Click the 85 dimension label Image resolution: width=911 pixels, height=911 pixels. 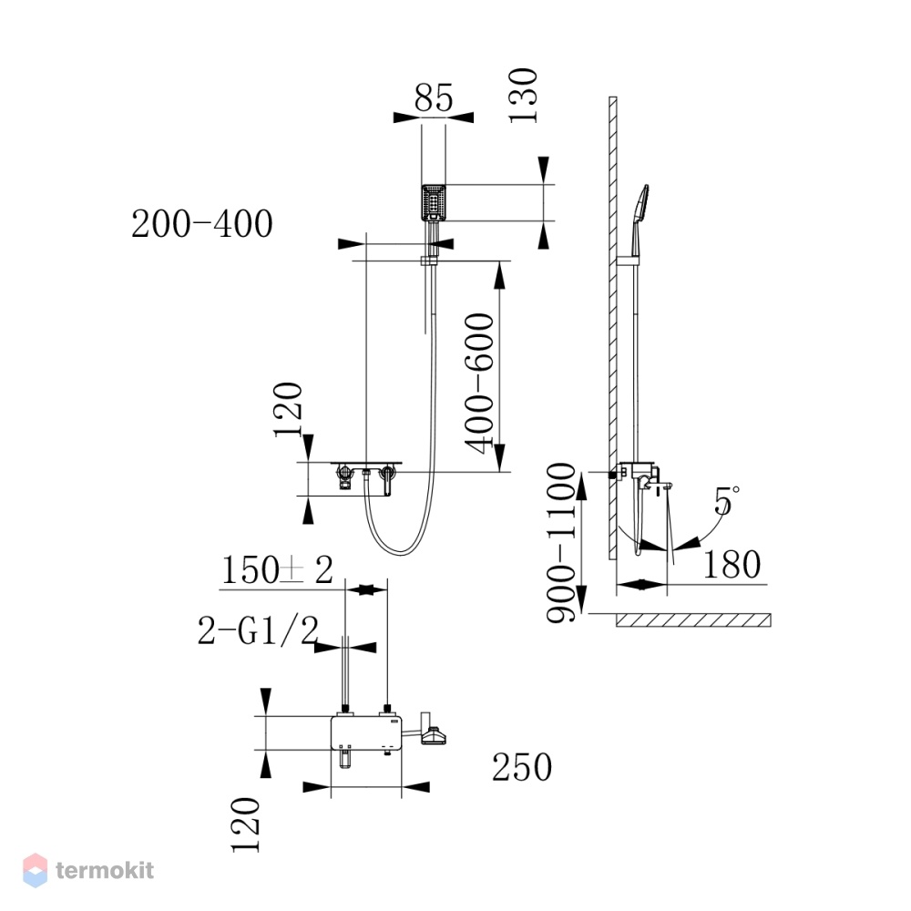434,97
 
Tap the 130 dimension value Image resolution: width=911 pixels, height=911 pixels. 523,96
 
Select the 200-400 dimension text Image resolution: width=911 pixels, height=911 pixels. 202,224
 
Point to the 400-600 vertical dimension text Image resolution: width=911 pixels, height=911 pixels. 480,384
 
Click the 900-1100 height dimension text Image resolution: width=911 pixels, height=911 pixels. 561,543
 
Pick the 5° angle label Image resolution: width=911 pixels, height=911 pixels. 727,501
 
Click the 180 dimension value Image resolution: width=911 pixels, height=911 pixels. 732,564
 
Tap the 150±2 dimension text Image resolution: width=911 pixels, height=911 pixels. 278,570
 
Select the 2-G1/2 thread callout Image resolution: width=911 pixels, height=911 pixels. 259,631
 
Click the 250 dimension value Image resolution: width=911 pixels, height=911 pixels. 522,767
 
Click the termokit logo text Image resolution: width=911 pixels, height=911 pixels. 105,870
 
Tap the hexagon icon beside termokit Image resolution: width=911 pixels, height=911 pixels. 35,870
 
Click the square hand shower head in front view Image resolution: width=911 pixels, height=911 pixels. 434,202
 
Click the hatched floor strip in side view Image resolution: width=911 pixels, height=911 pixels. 693,619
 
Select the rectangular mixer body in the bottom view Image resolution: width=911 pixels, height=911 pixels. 366,732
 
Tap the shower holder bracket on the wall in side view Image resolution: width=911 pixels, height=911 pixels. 628,260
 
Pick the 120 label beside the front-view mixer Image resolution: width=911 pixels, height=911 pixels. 288,410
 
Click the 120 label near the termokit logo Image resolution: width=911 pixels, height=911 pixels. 245,825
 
